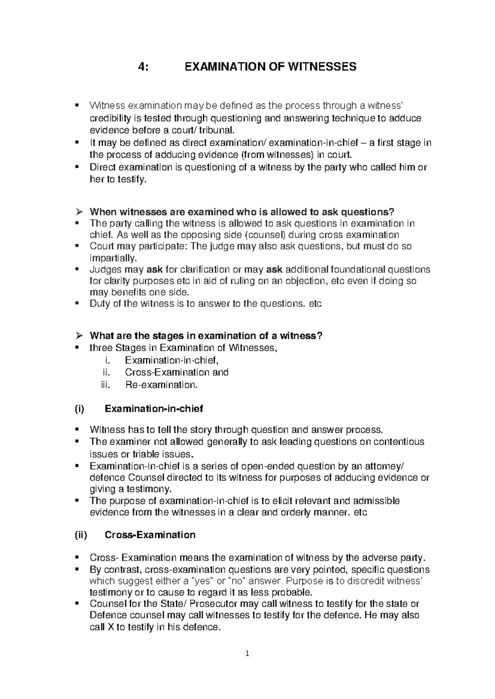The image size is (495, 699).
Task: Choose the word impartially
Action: pos(112,258)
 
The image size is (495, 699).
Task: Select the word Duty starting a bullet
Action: pos(101,304)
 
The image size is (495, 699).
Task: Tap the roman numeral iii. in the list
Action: pos(106,385)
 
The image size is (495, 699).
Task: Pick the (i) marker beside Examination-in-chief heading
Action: pos(79,409)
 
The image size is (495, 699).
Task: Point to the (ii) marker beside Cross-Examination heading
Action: pos(80,535)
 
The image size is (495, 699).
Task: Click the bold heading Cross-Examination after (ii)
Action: pos(150,535)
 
